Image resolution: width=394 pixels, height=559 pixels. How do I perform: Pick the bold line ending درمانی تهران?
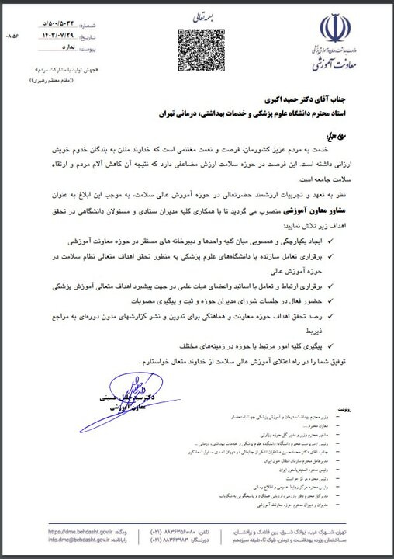[x=252, y=114]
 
